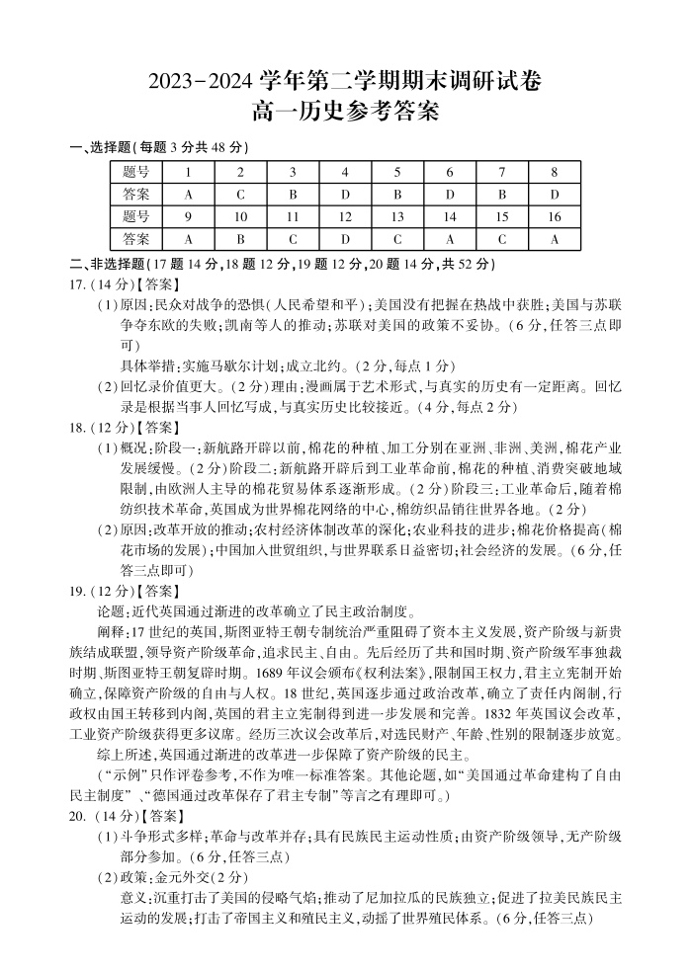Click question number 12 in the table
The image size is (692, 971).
tap(345, 217)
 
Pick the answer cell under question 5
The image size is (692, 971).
tap(396, 195)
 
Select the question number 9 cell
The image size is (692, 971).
tap(188, 217)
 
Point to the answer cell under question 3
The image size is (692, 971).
tap(293, 195)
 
